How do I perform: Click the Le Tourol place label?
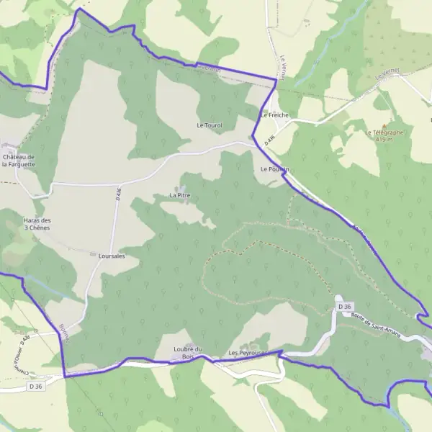coord(210,125)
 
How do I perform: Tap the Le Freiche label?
coord(274,114)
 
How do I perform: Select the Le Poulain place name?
coord(274,168)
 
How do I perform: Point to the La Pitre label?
coord(179,195)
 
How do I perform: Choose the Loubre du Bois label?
coord(189,353)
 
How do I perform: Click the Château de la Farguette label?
coord(18,161)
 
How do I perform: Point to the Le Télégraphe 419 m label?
coord(385,135)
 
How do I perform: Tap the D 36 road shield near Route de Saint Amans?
coord(345,307)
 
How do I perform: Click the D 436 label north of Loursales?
coord(117,194)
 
